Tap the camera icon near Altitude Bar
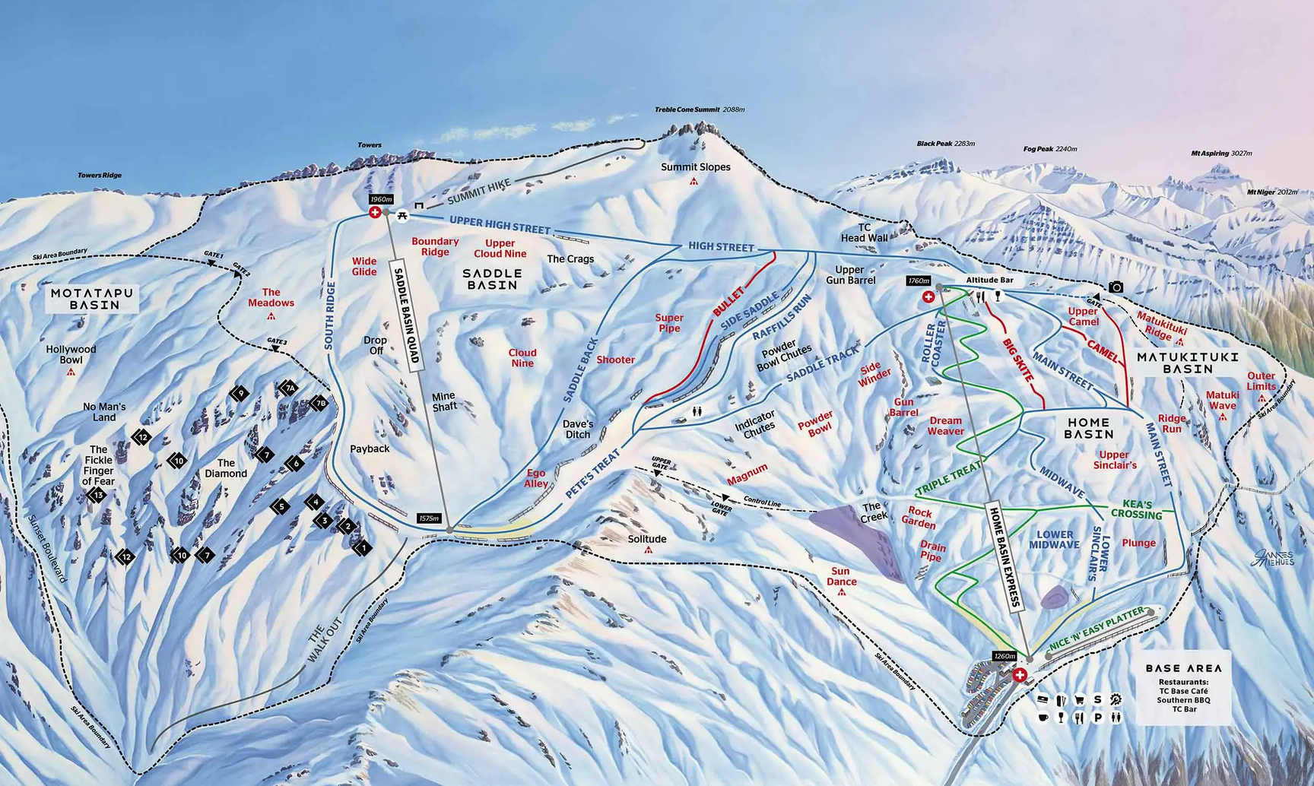pyautogui.click(x=1115, y=287)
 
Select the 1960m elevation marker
pyautogui.click(x=380, y=199)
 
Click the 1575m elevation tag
pyautogui.click(x=429, y=518)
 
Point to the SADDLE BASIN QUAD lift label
pyautogui.click(x=406, y=316)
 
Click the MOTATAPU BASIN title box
pyautogui.click(x=91, y=299)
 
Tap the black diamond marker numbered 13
pyautogui.click(x=97, y=496)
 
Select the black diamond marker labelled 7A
pyautogui.click(x=288, y=388)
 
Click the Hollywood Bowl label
pyautogui.click(x=71, y=354)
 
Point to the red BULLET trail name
pyautogui.click(x=728, y=302)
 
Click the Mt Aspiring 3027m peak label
pyautogui.click(x=1220, y=154)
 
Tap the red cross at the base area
pyautogui.click(x=1020, y=674)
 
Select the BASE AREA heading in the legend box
pyautogui.click(x=1183, y=668)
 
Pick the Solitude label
pyautogui.click(x=646, y=539)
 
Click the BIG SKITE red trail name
pyautogui.click(x=1018, y=359)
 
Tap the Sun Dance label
pyautogui.click(x=842, y=576)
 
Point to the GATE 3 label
pyautogui.click(x=277, y=341)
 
